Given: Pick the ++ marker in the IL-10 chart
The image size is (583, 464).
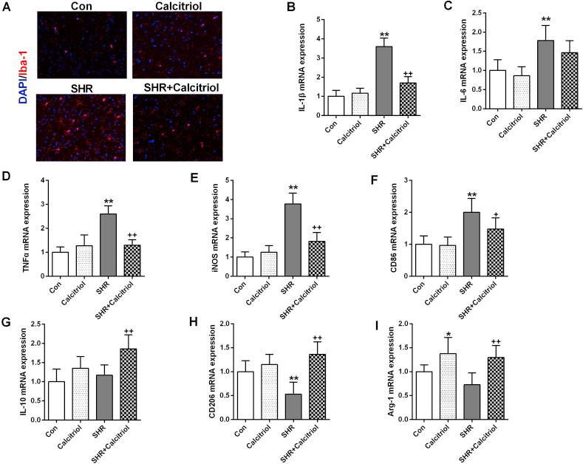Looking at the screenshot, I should [139, 332].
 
